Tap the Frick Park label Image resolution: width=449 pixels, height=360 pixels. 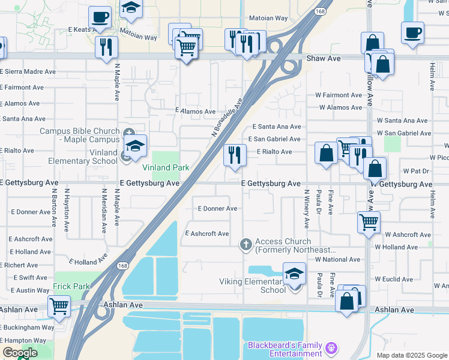pyautogui.click(x=71, y=286)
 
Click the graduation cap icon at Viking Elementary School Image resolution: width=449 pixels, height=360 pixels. pyautogui.click(x=294, y=274)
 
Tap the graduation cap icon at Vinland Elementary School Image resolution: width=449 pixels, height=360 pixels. pyautogui.click(x=136, y=146)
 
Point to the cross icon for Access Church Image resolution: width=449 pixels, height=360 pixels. pyautogui.click(x=245, y=244)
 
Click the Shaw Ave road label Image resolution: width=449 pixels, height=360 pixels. pyautogui.click(x=324, y=59)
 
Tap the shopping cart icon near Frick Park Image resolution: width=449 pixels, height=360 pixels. pyautogui.click(x=59, y=306)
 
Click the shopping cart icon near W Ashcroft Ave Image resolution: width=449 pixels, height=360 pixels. pyautogui.click(x=369, y=222)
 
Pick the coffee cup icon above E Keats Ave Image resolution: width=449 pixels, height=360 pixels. pyautogui.click(x=100, y=17)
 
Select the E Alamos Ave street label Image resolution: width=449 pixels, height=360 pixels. pyautogui.click(x=195, y=112)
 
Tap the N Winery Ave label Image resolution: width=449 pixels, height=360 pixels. pyautogui.click(x=307, y=209)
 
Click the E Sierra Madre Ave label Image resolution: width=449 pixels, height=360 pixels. pyautogui.click(x=28, y=71)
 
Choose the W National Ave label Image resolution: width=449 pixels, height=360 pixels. pyautogui.click(x=337, y=259)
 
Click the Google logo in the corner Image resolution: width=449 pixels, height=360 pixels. pyautogui.click(x=20, y=353)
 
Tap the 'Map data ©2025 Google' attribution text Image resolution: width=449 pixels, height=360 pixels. pyautogui.click(x=411, y=355)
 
